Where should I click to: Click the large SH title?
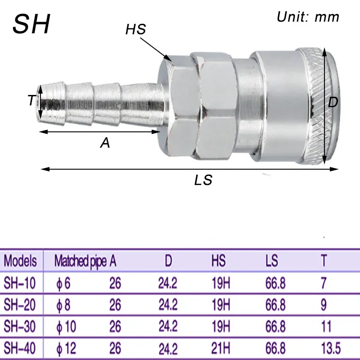pos(31,24)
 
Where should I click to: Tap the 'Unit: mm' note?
pos(307,18)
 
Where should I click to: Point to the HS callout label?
pos(135,30)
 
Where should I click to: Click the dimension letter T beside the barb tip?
pos(31,100)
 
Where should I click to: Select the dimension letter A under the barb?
pos(105,143)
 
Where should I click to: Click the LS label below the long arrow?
pos(203,180)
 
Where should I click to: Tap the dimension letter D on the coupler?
pos(333,103)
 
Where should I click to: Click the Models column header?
pos(20,261)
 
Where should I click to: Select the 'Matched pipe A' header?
pos(85,261)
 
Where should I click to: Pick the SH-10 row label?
pos(20,283)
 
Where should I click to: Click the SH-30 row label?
pos(20,326)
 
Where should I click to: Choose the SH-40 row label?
pos(20,348)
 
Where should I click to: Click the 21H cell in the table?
pos(220,348)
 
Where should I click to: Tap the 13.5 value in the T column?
pos(331,348)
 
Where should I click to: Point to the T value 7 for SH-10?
pos(324,283)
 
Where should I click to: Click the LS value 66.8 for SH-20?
pos(275,305)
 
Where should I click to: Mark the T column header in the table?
pos(324,261)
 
